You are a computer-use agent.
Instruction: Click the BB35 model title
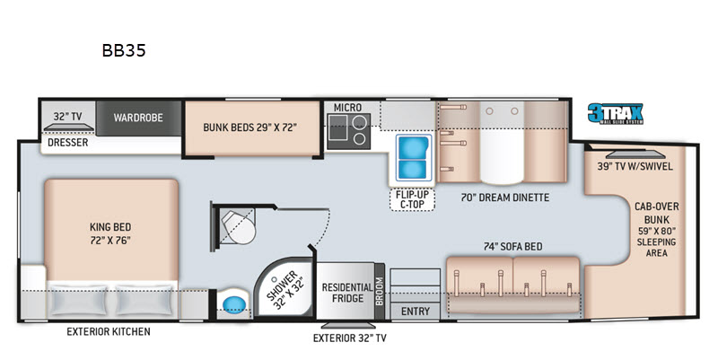124,50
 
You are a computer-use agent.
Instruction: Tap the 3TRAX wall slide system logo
616,113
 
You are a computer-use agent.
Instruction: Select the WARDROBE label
138,118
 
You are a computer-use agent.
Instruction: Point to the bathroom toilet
238,227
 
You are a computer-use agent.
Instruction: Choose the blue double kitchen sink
413,158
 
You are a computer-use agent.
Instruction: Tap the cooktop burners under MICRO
348,131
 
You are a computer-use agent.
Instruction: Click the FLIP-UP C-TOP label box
412,199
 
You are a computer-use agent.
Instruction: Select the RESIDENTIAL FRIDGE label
347,293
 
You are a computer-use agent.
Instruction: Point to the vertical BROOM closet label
380,291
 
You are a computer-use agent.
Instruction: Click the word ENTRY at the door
416,312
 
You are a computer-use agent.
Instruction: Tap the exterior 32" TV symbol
348,326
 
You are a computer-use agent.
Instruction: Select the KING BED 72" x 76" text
110,233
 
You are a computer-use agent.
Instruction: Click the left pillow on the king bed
79,300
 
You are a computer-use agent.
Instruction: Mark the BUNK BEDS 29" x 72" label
250,127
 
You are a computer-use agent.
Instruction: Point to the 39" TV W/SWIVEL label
635,166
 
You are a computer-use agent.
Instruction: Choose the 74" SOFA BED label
512,246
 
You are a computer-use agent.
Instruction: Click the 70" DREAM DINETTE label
504,198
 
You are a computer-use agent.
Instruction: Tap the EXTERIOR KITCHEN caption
109,331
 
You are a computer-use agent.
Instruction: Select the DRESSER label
68,143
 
